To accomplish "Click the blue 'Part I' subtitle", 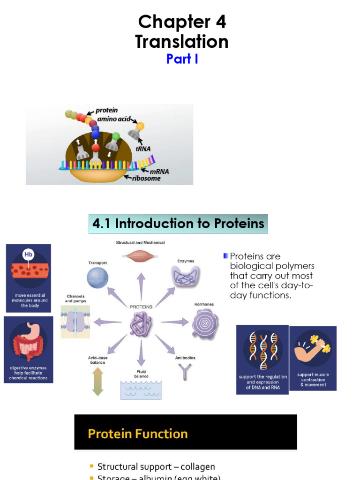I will [x=182, y=59].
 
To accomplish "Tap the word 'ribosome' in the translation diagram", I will [x=145, y=178].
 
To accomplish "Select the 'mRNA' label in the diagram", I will [x=159, y=171].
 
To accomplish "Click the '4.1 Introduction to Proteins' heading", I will [x=178, y=224].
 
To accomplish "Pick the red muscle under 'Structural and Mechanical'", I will [x=140, y=255].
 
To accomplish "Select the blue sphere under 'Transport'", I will [x=97, y=277].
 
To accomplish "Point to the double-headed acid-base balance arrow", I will [x=97, y=381].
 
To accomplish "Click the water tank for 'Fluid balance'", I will [x=141, y=390].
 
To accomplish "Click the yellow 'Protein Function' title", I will [x=138, y=434].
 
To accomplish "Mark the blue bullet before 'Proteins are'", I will [x=226, y=256].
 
